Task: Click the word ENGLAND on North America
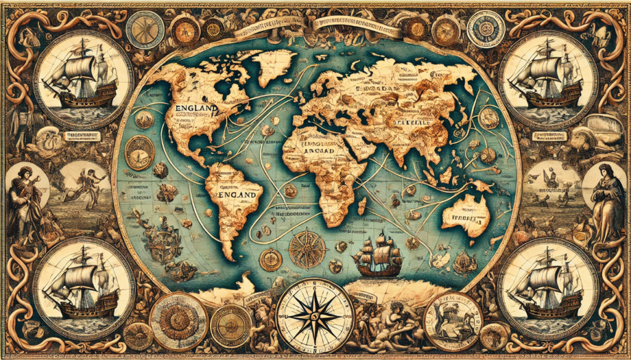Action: pyautogui.click(x=197, y=108)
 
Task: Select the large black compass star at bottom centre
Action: pyautogui.click(x=315, y=316)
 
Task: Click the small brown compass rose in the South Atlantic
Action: pyautogui.click(x=307, y=250)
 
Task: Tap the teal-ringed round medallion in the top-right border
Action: pyautogui.click(x=486, y=28)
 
